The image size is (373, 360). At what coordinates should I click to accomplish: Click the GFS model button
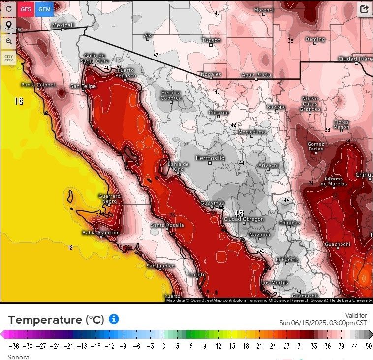point(26,9)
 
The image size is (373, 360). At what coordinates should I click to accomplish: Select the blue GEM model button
point(44,9)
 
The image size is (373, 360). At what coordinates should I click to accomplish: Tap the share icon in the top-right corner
point(364,9)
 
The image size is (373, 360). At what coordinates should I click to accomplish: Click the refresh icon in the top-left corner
point(8,9)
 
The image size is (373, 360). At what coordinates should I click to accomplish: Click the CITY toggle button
point(8,58)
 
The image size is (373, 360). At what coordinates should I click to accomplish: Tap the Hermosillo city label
point(210,158)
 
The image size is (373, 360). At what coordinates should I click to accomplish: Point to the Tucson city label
point(211,40)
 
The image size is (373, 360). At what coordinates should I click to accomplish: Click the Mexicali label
point(63,25)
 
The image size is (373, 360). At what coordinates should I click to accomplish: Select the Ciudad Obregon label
point(244,219)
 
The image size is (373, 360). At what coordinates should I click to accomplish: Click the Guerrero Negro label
point(109,198)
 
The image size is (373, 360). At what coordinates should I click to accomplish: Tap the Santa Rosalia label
point(167,225)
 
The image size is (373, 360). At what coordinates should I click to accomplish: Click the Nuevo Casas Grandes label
point(311,104)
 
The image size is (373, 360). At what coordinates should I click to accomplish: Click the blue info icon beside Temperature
point(114,319)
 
